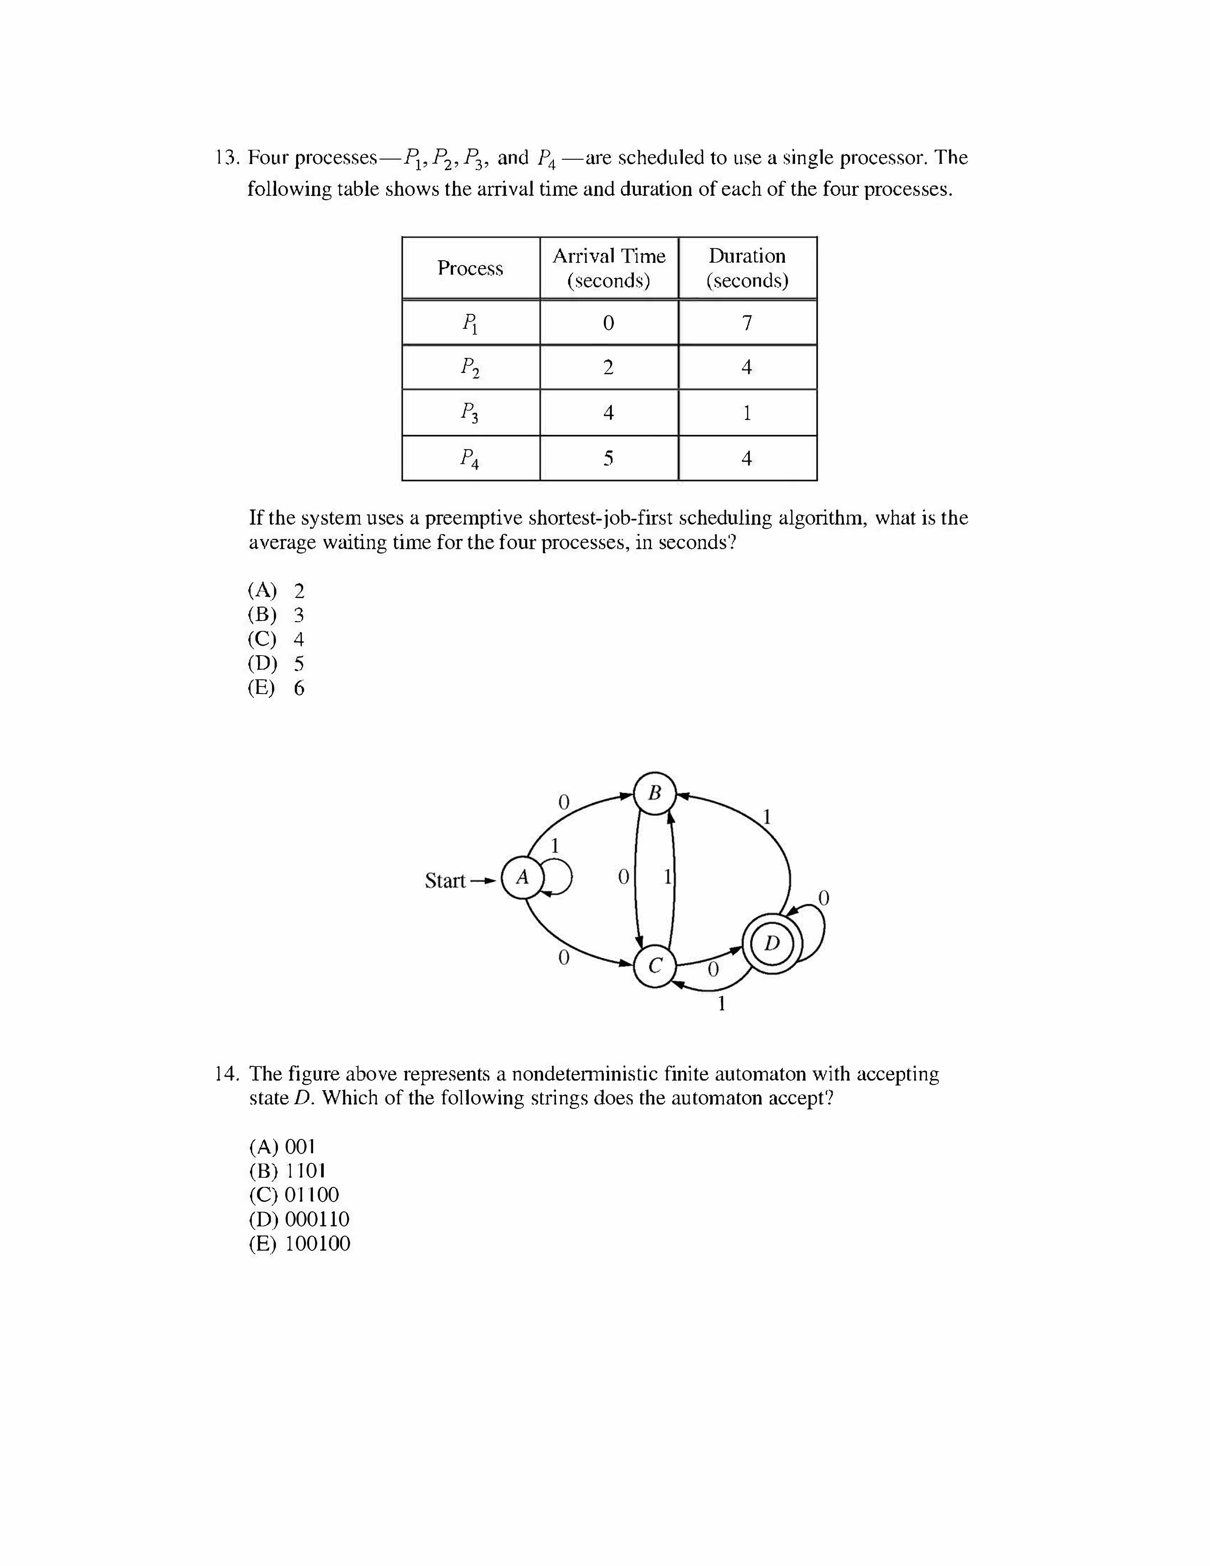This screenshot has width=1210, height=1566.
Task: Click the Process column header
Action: point(470,268)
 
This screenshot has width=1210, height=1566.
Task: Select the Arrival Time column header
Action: point(609,268)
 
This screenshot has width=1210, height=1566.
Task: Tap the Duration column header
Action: point(747,268)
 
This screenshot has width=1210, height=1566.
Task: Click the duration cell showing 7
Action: point(747,323)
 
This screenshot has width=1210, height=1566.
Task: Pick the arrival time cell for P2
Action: point(609,368)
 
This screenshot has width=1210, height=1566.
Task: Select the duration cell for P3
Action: point(747,413)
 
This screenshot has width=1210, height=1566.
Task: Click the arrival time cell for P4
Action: point(609,458)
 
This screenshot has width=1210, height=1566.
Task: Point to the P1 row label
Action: point(470,323)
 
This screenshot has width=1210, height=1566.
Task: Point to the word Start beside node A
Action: point(445,881)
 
